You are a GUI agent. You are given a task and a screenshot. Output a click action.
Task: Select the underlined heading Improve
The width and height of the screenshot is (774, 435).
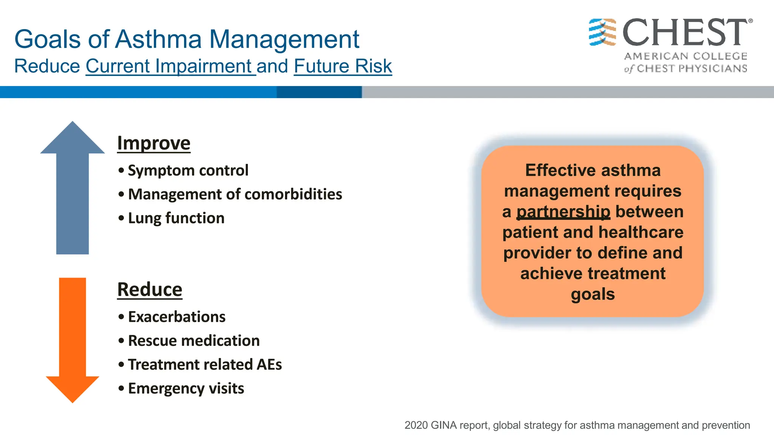153,143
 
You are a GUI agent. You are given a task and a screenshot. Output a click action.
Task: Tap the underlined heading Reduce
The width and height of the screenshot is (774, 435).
150,290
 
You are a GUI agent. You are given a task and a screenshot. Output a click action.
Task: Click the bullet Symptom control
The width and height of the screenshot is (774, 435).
188,170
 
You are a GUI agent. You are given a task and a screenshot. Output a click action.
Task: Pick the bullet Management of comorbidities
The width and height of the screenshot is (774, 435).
235,194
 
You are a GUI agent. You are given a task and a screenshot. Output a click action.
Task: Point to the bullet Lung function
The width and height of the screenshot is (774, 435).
176,218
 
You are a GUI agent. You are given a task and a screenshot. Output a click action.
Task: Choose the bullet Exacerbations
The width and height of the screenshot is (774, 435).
176,317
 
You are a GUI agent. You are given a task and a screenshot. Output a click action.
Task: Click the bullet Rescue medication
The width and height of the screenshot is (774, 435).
193,341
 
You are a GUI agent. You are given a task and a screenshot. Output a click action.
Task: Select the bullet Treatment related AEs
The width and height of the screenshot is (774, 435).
204,364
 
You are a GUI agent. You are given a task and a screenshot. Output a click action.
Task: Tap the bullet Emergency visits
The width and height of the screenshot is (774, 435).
186,389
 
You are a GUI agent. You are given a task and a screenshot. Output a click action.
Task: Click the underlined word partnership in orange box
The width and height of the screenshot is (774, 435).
563,212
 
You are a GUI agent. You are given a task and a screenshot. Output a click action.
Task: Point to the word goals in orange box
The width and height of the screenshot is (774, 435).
593,294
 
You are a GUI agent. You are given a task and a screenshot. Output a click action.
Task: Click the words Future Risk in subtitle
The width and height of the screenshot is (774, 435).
343,66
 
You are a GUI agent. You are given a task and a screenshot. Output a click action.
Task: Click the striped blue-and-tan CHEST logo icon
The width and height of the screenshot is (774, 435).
602,32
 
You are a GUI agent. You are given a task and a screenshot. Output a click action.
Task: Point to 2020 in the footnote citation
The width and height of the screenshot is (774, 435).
416,425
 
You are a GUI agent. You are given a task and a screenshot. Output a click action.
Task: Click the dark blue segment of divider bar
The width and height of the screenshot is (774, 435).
319,92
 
